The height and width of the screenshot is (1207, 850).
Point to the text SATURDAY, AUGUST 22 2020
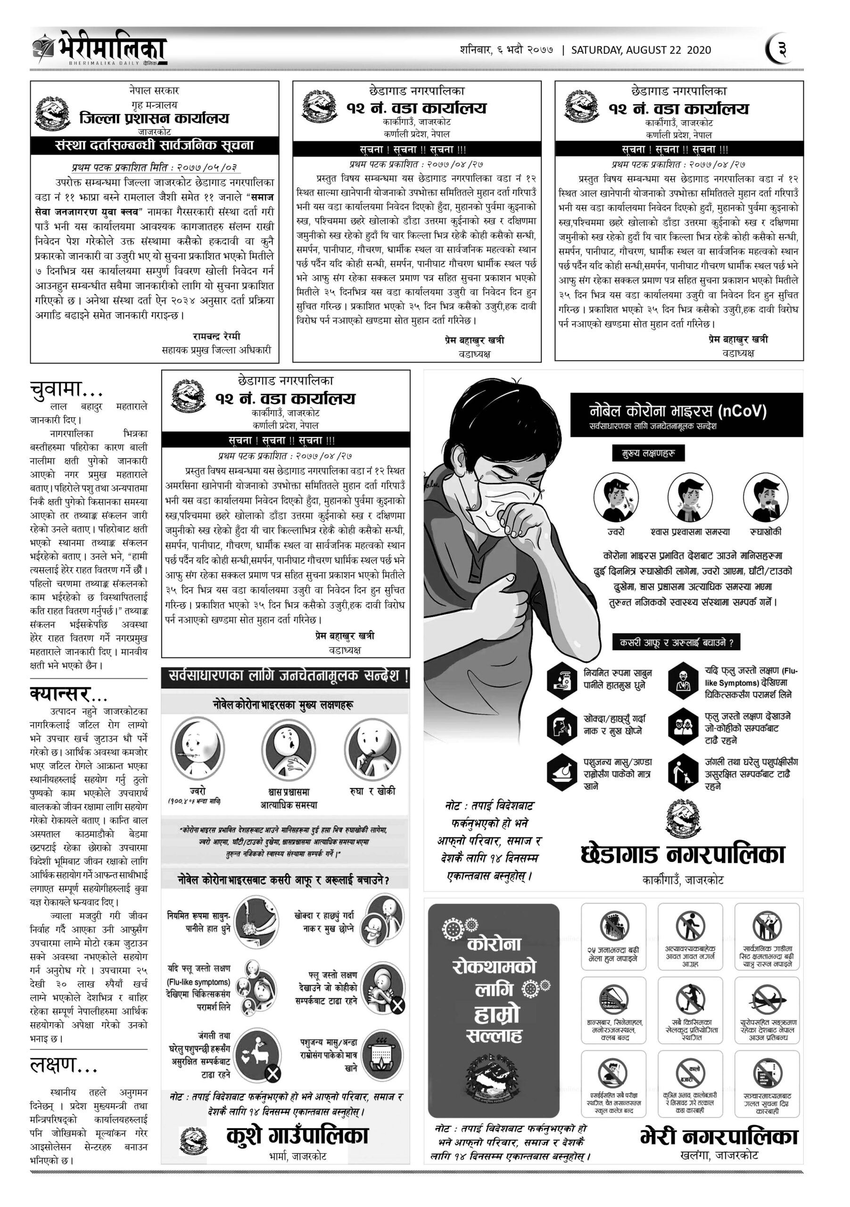641,50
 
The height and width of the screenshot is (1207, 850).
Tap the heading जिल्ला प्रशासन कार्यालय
154,118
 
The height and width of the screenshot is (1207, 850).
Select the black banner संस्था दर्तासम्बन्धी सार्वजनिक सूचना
154,145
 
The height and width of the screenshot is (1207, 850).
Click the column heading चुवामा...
66,389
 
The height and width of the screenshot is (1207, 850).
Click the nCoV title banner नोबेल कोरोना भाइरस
678,411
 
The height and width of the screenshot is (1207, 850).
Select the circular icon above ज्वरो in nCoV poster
616,497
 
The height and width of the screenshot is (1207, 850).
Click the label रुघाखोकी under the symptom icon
765,531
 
